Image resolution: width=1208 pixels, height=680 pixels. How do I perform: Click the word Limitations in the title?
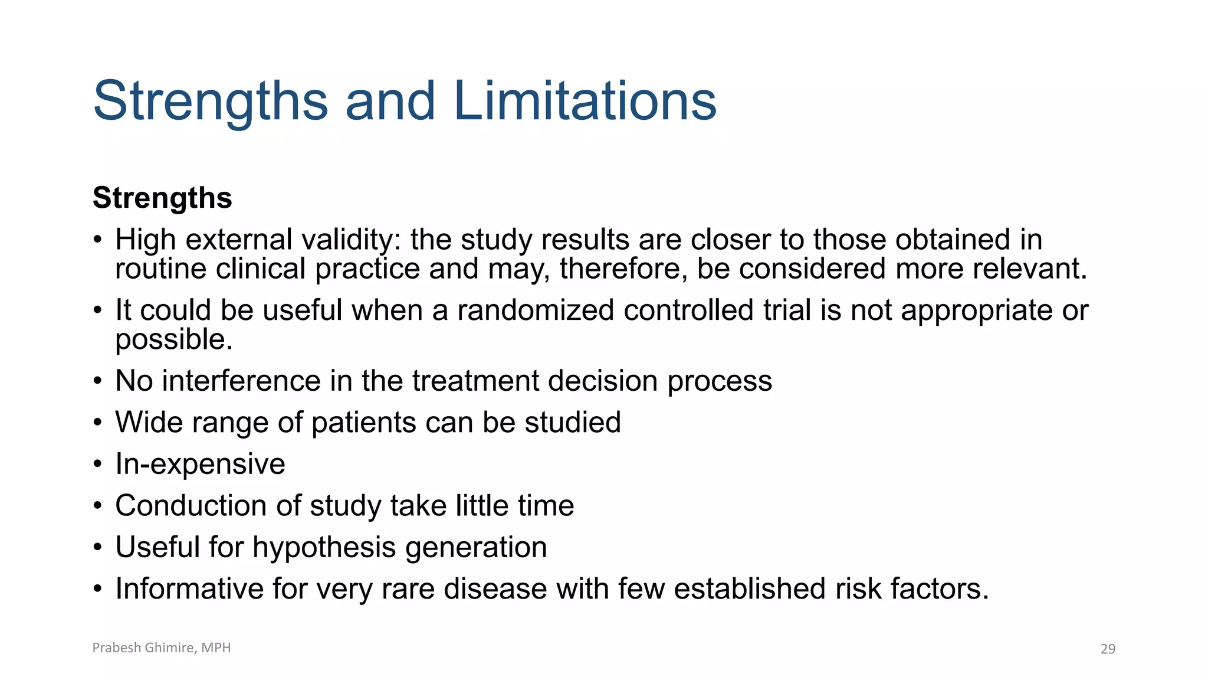(585, 102)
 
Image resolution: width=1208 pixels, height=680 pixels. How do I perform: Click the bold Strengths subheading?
(162, 198)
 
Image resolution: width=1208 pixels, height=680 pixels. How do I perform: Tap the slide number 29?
(1108, 649)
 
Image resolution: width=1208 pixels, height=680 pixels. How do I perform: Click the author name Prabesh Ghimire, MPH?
(161, 648)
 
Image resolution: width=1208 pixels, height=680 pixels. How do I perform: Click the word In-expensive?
(200, 464)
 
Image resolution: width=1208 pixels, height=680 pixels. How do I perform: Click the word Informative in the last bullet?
(189, 589)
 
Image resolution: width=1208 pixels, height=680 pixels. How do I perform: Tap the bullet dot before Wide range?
(98, 423)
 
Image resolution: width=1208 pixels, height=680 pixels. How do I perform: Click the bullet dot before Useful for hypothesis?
(98, 548)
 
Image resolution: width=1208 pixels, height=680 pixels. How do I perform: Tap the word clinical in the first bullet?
(260, 269)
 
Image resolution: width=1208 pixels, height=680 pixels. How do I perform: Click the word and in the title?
(390, 102)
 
